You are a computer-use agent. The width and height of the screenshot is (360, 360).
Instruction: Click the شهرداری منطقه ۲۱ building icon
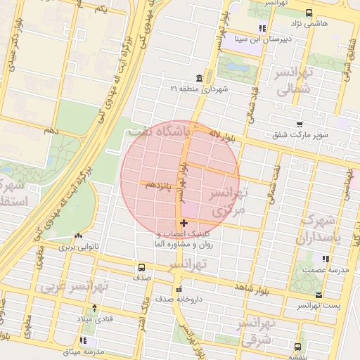[x=200, y=77]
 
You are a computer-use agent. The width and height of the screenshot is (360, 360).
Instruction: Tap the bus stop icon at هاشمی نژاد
[x=309, y=12]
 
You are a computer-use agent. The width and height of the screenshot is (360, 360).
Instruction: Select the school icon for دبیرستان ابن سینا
[x=262, y=29]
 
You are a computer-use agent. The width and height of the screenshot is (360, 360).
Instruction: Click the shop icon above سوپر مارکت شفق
[x=300, y=124]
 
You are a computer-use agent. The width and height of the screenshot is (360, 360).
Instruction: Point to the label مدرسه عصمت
[x=321, y=270]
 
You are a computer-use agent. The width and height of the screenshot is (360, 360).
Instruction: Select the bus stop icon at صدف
[x=141, y=267]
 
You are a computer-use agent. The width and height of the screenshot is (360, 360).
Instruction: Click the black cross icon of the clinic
[x=184, y=223]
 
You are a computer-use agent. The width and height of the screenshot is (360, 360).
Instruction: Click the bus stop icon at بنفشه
[x=297, y=347]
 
